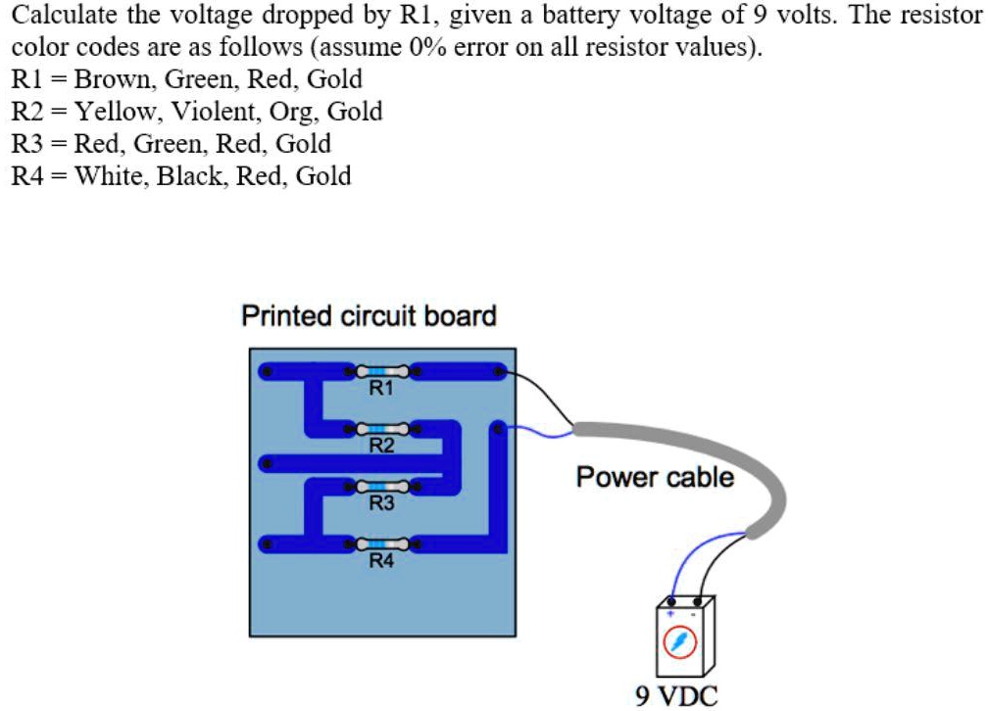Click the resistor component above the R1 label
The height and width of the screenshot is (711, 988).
[x=382, y=371]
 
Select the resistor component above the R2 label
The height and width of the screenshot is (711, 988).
[x=382, y=430]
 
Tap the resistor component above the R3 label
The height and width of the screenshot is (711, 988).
[x=382, y=487]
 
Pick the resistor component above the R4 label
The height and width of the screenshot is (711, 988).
[x=382, y=545]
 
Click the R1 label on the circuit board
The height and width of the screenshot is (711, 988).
[x=381, y=388]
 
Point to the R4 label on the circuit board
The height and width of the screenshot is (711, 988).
[x=381, y=560]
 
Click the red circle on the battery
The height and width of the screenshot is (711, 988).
[x=680, y=641]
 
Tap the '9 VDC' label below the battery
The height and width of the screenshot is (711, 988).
[x=676, y=696]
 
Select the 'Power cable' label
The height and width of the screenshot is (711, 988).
[x=656, y=477]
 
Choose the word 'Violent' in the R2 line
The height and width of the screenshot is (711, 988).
[x=212, y=112]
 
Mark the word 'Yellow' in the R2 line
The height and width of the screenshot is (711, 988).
[x=115, y=112]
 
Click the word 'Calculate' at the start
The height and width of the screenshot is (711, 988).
[x=65, y=15]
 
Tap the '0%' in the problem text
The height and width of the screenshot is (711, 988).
[x=428, y=47]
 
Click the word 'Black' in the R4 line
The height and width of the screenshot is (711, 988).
[x=190, y=175]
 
